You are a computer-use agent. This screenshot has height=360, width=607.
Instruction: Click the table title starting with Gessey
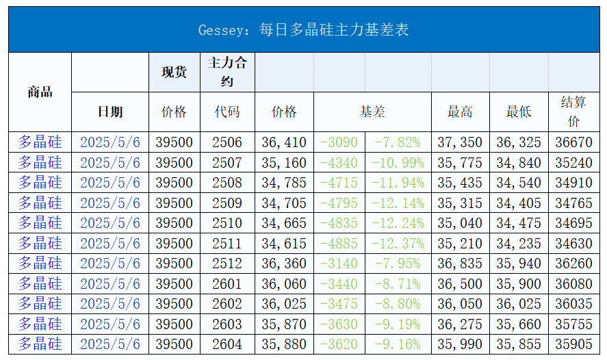[303, 30]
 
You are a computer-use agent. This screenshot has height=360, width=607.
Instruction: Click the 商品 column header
[40, 92]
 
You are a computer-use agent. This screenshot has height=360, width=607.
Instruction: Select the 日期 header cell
[110, 112]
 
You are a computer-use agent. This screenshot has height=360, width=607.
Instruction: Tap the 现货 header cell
[174, 72]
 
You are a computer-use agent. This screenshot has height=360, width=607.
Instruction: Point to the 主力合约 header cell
[227, 72]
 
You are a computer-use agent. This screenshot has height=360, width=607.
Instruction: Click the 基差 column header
[372, 112]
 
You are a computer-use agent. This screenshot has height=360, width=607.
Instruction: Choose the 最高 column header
[460, 112]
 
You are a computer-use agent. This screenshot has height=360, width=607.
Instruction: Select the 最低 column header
[518, 112]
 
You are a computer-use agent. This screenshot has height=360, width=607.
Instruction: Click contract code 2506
[227, 142]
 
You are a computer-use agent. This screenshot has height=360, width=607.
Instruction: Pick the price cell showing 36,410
[284, 142]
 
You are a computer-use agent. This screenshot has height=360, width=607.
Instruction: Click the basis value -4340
[339, 163]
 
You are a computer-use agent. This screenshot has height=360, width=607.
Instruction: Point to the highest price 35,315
[460, 203]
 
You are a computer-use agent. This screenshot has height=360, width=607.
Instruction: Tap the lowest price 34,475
[518, 223]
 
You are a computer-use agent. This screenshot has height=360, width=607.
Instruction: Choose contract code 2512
[227, 263]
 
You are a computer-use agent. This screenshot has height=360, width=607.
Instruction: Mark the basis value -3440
[339, 284]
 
